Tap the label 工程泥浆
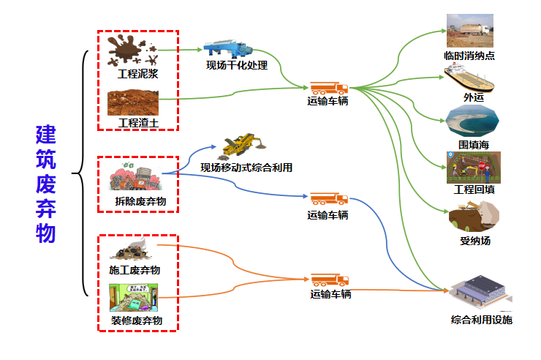pyautogui.click(x=137, y=74)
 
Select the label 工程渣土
pyautogui.click(x=137, y=121)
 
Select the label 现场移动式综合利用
pyautogui.click(x=246, y=168)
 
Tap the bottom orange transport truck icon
pyautogui.click(x=330, y=280)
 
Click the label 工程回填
pyautogui.click(x=474, y=190)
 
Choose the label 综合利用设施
pyautogui.click(x=481, y=320)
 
